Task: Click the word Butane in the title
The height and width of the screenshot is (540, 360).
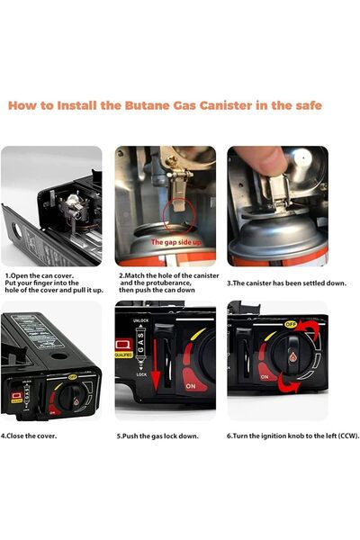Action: tap(147, 105)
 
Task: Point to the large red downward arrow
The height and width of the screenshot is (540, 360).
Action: tap(156, 364)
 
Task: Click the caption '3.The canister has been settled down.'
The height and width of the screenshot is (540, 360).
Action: tap(286, 283)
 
